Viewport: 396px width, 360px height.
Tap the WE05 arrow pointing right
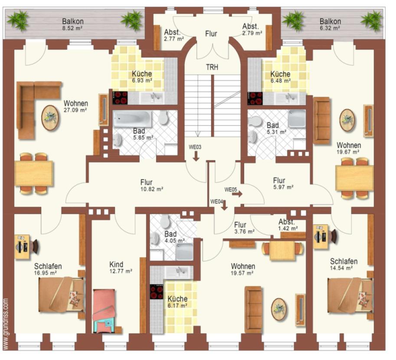pos(237,194)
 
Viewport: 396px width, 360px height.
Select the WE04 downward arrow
pos(224,206)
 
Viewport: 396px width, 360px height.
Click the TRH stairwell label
pos(212,67)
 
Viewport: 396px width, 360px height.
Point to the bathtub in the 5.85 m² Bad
pos(132,118)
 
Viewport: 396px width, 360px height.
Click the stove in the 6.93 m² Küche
pos(120,98)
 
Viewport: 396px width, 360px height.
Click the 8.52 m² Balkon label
pos(73,24)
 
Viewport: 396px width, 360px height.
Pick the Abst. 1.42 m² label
pos(288,225)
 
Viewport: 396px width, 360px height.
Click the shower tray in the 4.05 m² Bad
pos(184,252)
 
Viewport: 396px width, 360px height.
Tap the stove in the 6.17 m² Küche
pos(157,292)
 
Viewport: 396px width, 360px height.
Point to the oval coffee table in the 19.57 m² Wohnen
pos(279,310)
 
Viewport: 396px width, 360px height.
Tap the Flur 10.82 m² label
pos(151,185)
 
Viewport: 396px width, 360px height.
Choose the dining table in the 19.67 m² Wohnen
pos(354,178)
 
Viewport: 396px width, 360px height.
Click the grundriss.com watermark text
pos(6,324)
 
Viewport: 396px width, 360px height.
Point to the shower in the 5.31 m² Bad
pos(297,118)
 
